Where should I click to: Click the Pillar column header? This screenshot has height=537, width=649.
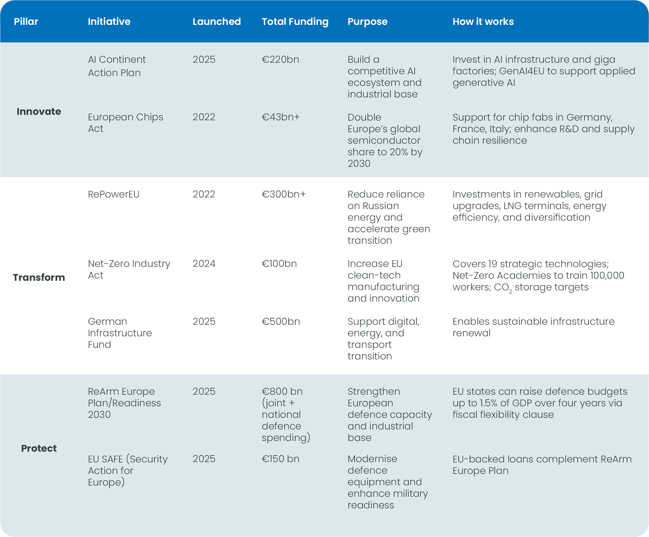(x=26, y=22)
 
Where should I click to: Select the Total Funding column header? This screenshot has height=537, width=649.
(x=295, y=22)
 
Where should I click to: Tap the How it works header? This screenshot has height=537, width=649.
(x=483, y=22)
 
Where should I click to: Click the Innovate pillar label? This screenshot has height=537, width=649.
(x=39, y=112)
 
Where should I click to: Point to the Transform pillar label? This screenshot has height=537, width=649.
(x=39, y=277)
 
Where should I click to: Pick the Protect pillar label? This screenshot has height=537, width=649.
(x=39, y=448)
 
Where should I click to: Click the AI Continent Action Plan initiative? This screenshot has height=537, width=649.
(x=117, y=66)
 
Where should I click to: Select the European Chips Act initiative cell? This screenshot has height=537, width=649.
(x=125, y=123)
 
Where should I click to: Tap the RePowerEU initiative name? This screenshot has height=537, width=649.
(x=113, y=194)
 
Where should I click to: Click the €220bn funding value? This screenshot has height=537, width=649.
(x=280, y=59)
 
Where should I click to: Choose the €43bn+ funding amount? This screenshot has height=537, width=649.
(x=281, y=117)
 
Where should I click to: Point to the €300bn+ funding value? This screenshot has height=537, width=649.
(x=284, y=194)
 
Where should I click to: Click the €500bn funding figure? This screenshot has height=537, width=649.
(x=281, y=322)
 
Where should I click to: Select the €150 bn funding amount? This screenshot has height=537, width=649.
(x=280, y=459)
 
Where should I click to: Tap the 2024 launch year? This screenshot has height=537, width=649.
(x=204, y=263)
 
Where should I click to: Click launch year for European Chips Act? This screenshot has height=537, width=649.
(x=204, y=117)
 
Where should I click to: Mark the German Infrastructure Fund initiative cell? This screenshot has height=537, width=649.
(x=120, y=333)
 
